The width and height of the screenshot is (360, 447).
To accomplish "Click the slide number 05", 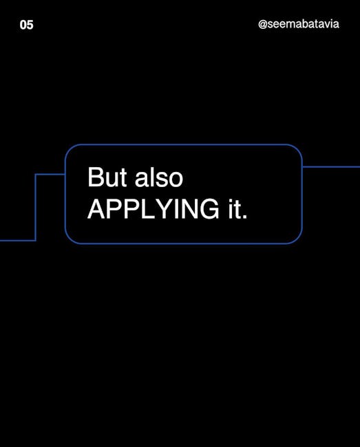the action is pyautogui.click(x=26, y=25).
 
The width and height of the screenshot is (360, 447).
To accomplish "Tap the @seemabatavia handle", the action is pyautogui.click(x=299, y=24).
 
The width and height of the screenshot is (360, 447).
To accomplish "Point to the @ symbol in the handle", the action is pyautogui.click(x=263, y=25).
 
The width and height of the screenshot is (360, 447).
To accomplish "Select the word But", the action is pyautogui.click(x=107, y=177).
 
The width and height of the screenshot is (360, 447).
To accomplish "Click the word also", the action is pyautogui.click(x=159, y=177).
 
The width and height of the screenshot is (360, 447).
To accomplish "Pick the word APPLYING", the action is pyautogui.click(x=153, y=209).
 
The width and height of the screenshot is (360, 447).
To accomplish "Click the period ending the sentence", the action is pyautogui.click(x=244, y=217).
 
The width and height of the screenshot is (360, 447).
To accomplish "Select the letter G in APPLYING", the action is pyautogui.click(x=209, y=209).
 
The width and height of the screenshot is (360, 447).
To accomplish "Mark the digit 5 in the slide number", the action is pyautogui.click(x=30, y=25).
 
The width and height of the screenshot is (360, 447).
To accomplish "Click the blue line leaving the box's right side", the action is pyautogui.click(x=331, y=167).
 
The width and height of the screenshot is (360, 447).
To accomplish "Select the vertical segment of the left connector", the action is pyautogui.click(x=36, y=207).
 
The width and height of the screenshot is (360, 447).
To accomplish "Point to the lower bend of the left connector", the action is pyautogui.click(x=36, y=240).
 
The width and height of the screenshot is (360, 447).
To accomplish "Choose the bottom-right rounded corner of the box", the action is pyautogui.click(x=297, y=239).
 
